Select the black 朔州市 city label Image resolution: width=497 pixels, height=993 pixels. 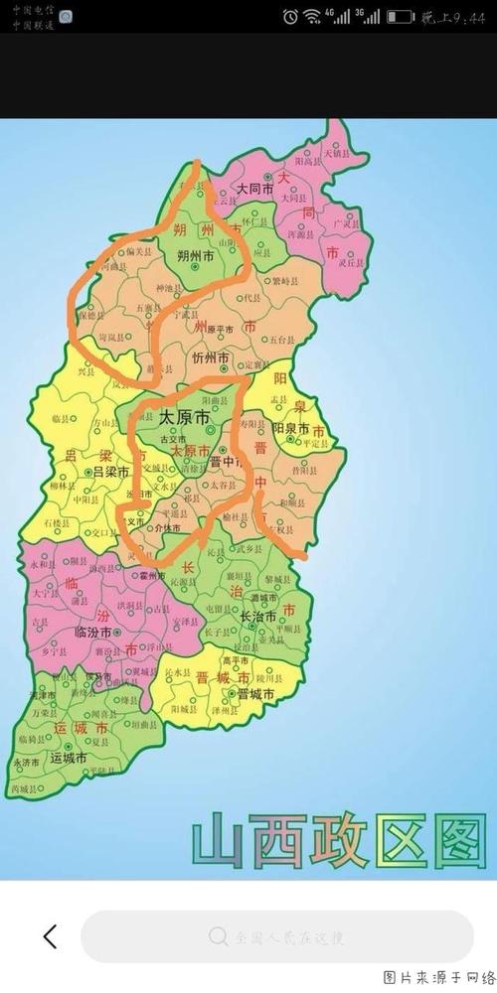(x=196, y=255)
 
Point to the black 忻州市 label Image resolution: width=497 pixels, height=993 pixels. (x=211, y=357)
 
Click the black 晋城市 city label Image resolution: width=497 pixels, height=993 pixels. (x=255, y=694)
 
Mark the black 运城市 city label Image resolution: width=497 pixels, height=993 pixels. (x=70, y=757)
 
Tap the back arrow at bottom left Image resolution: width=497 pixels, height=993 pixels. (x=50, y=935)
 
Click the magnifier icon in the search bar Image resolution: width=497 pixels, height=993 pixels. (x=219, y=936)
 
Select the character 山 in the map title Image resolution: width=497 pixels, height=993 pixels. (x=220, y=840)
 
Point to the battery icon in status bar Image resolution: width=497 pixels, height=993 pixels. (x=400, y=17)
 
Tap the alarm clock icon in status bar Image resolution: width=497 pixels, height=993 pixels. (x=289, y=17)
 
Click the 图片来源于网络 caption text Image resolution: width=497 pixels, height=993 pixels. (x=439, y=977)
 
